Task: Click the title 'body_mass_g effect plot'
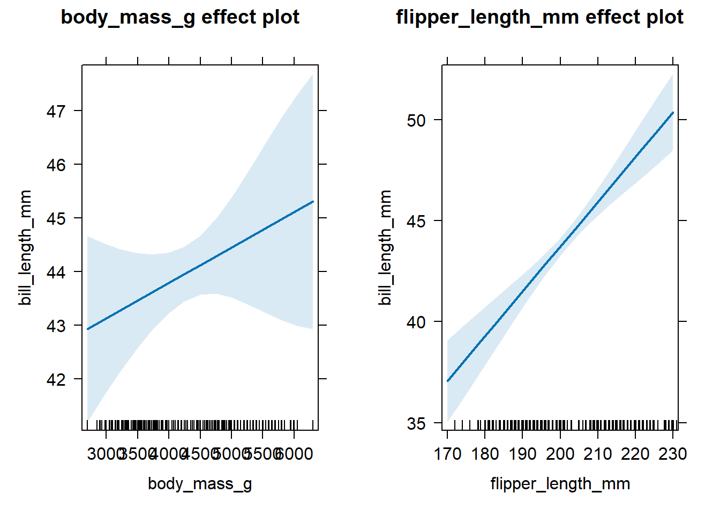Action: point(180,17)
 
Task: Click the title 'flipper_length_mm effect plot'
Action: point(539,17)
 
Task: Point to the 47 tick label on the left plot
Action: point(56,112)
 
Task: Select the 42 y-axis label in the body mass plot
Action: point(56,380)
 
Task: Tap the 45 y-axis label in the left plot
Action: point(56,219)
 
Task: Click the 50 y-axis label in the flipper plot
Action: point(416,121)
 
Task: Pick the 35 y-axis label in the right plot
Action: point(416,424)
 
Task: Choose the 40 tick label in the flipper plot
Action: point(416,322)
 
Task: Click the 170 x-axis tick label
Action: point(447,454)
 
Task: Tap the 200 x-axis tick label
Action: point(560,454)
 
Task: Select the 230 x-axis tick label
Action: point(673,454)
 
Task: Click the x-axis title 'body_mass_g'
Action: point(200,484)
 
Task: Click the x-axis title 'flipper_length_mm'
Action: point(560,484)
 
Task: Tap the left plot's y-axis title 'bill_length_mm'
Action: point(25,247)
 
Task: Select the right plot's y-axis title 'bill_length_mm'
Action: point(385,247)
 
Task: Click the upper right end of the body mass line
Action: point(313,202)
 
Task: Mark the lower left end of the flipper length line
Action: point(448,381)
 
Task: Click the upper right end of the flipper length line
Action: point(673,113)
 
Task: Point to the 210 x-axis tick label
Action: point(598,454)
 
